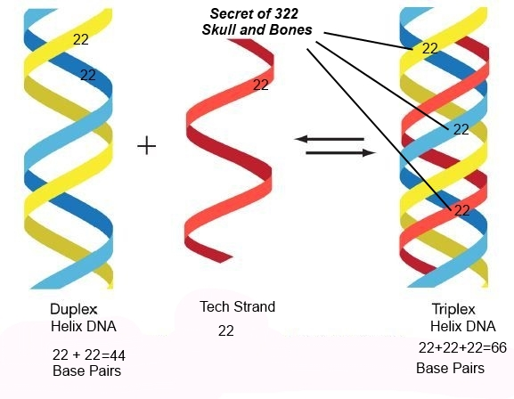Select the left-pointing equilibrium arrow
click(329, 139)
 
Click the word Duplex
click(74, 310)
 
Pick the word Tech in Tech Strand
click(214, 307)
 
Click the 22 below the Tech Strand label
click(226, 330)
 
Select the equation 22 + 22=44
click(89, 354)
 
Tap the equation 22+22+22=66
click(462, 348)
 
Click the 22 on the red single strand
click(261, 85)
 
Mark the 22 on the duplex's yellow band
click(81, 40)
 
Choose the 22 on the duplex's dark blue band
click(88, 75)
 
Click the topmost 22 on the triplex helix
click(429, 48)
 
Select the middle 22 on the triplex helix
click(461, 130)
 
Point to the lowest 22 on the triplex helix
click(461, 210)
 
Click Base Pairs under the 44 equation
click(86, 370)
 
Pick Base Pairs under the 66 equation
click(450, 368)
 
